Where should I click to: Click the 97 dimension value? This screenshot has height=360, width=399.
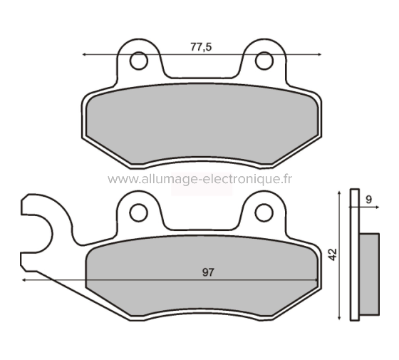208,272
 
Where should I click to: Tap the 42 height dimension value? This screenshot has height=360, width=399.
333,254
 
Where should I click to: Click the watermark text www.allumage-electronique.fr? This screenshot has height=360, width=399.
200,179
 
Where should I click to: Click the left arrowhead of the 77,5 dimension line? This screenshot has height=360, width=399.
86,54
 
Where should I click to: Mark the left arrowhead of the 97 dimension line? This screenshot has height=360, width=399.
25,281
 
